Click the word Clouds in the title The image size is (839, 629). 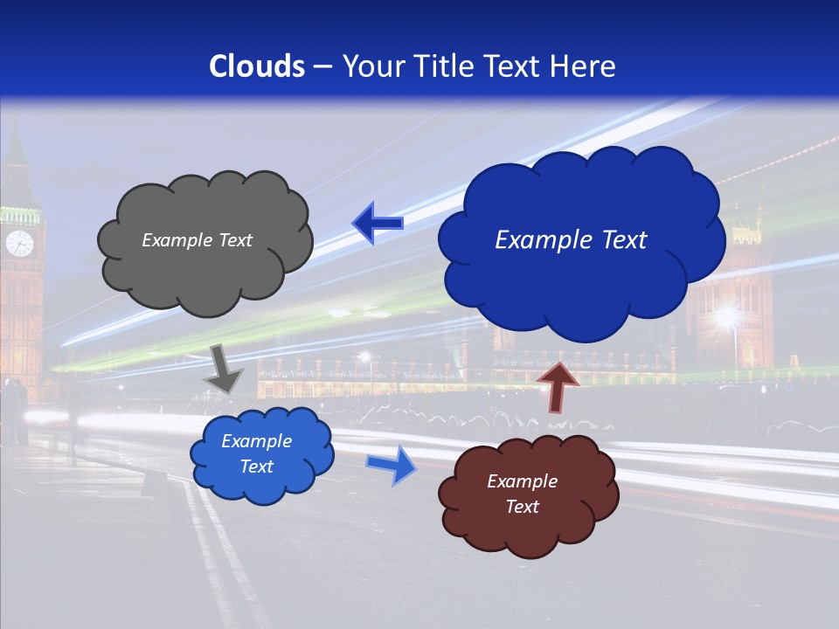coord(256,66)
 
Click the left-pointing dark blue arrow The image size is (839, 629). coord(378,223)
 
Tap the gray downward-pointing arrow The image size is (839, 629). coord(223,368)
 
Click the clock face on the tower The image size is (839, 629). coord(19,243)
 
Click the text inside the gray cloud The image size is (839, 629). coord(197,240)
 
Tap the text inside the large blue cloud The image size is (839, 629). coord(571,240)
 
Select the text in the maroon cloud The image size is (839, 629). coord(522,494)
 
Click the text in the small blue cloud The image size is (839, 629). coord(256,453)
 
